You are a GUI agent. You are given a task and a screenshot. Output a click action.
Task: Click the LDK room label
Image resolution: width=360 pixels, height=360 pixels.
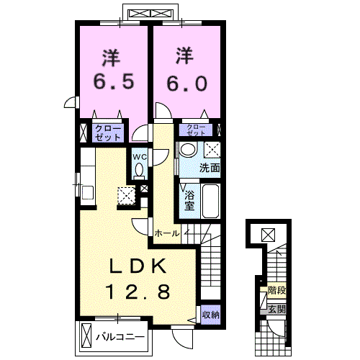[138, 266]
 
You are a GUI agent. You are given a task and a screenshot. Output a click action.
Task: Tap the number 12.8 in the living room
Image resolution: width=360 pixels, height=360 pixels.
[138, 292]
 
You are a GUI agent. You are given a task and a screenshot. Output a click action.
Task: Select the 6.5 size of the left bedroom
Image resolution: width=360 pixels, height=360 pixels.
[114, 81]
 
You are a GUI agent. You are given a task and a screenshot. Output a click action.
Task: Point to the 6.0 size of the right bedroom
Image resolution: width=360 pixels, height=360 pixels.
[187, 83]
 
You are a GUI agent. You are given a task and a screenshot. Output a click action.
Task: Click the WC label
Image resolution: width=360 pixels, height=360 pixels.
[140, 157]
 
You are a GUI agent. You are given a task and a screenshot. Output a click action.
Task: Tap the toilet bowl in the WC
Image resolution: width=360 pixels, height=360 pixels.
[139, 171]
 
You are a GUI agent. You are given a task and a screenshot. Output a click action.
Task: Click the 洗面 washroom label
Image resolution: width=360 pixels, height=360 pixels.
[210, 168]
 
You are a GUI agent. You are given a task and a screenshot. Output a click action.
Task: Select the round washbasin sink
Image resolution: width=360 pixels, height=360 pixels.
[188, 149]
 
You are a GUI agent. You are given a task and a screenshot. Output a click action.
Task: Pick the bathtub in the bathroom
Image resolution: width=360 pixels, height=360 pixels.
[210, 201]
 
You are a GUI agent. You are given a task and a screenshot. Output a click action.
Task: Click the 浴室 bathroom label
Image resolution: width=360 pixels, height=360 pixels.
[189, 201]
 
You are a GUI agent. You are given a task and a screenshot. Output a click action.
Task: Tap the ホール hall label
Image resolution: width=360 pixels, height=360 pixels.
[167, 233]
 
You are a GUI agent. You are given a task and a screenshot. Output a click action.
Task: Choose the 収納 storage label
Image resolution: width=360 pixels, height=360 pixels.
[211, 315]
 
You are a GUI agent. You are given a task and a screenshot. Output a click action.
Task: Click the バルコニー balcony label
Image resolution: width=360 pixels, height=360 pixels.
[120, 337]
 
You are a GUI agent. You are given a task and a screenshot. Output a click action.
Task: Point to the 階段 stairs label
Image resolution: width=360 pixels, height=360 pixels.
[276, 291]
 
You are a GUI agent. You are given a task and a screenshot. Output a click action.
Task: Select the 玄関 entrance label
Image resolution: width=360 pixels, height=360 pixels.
[276, 310]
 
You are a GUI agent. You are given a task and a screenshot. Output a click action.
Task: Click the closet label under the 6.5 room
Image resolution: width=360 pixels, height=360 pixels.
[108, 133]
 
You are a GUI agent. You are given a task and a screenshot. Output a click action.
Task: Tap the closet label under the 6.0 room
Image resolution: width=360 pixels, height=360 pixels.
[196, 130]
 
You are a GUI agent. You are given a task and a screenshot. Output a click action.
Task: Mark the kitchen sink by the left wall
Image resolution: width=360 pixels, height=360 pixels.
[88, 192]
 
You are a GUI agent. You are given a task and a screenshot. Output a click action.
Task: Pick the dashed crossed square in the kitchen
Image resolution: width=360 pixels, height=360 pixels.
[126, 196]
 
